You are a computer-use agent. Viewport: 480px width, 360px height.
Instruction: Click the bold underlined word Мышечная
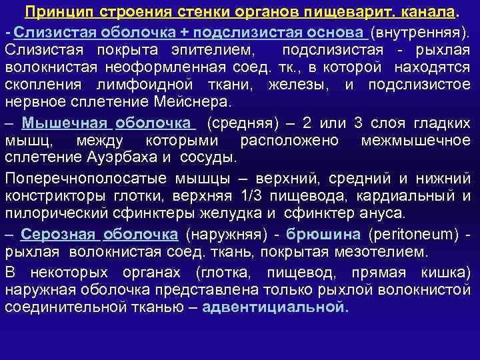(65, 123)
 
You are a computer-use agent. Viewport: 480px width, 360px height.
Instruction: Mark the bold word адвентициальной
(274, 307)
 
